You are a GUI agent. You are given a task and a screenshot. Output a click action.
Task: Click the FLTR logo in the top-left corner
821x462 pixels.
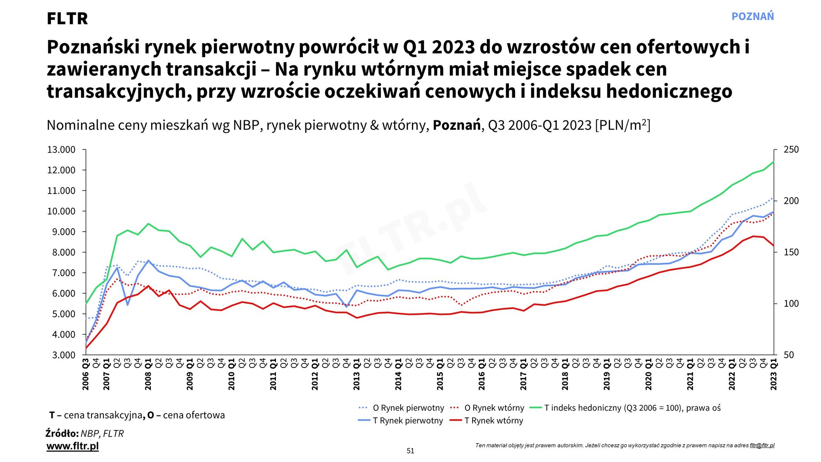click(67, 18)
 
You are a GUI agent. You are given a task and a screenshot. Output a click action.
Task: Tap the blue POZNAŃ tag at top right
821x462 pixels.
click(752, 16)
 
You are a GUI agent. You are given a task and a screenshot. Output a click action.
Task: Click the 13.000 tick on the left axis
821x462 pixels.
click(62, 149)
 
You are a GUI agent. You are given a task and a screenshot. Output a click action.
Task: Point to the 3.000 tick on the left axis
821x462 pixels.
click(64, 355)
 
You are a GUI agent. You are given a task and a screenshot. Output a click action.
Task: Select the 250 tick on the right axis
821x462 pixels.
click(791, 149)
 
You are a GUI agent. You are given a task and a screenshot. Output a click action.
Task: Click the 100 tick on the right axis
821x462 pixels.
click(791, 303)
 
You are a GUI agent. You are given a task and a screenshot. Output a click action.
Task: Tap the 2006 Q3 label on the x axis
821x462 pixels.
click(86, 375)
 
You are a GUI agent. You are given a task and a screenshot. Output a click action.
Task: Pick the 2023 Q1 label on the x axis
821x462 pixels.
click(774, 375)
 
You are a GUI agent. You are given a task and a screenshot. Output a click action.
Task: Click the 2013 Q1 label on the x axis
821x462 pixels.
click(357, 375)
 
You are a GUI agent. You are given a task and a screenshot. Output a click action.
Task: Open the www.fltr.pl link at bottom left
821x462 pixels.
click(73, 446)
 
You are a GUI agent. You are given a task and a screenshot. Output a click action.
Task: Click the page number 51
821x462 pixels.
click(410, 451)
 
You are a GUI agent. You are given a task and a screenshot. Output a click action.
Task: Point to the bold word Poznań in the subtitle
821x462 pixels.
click(456, 125)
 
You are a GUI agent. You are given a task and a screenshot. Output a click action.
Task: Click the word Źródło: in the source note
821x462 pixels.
click(62, 434)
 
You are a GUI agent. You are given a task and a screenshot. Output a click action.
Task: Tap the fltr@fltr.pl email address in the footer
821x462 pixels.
click(762, 445)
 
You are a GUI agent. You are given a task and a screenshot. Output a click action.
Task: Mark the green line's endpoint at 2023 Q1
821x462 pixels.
click(773, 162)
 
